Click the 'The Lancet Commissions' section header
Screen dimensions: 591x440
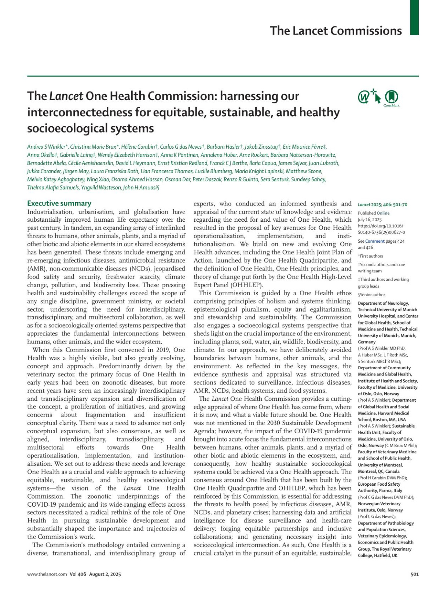(x=335, y=30)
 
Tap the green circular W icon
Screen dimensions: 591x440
(x=364, y=97)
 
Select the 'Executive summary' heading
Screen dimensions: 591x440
(x=59, y=203)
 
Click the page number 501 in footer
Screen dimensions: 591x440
(x=414, y=574)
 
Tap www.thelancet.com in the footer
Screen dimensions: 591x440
(x=47, y=574)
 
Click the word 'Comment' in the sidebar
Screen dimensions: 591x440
(x=375, y=241)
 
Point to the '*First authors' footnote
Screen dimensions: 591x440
(x=370, y=256)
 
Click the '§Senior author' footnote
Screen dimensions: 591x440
(x=371, y=294)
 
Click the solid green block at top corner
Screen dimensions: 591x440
(x=414, y=18)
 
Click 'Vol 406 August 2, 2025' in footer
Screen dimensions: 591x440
(x=95, y=574)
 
